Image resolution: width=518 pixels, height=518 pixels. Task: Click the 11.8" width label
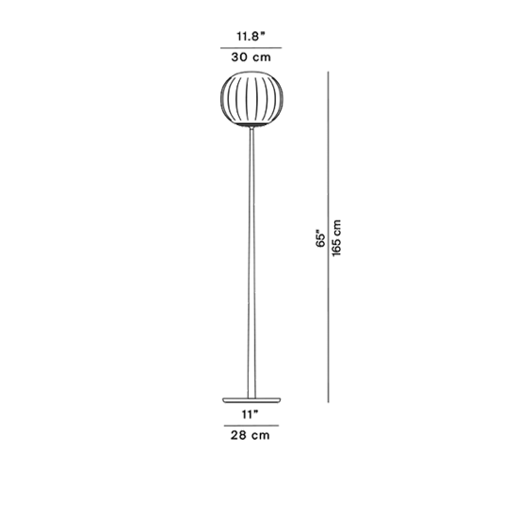[x=251, y=37]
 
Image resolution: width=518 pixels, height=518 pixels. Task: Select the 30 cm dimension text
[x=251, y=57]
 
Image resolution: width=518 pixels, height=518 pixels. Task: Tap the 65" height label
[x=321, y=238]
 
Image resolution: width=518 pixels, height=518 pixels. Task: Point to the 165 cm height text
[x=336, y=238]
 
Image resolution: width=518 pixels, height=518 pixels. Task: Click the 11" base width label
[x=250, y=414]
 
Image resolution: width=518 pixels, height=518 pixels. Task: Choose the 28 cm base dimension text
[x=251, y=435]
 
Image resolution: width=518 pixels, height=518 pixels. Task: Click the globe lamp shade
[x=253, y=99]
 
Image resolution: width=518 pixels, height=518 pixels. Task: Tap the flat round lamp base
[x=251, y=400]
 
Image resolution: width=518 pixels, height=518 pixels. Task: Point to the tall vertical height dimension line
[x=329, y=236]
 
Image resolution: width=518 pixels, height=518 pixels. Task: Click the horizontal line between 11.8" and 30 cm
[x=251, y=48]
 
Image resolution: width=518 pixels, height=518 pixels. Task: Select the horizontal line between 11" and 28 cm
[x=251, y=426]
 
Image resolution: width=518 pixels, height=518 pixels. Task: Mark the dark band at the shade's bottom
[x=253, y=124]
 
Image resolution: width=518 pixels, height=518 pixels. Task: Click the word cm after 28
[x=261, y=436]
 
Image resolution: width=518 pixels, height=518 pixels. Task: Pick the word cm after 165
[x=336, y=228]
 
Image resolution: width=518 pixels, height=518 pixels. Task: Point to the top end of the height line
[x=329, y=72]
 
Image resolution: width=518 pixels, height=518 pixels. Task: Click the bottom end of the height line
[x=329, y=402]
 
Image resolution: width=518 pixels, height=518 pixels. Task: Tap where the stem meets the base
[x=251, y=397]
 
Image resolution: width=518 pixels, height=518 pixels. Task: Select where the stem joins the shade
[x=252, y=128]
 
